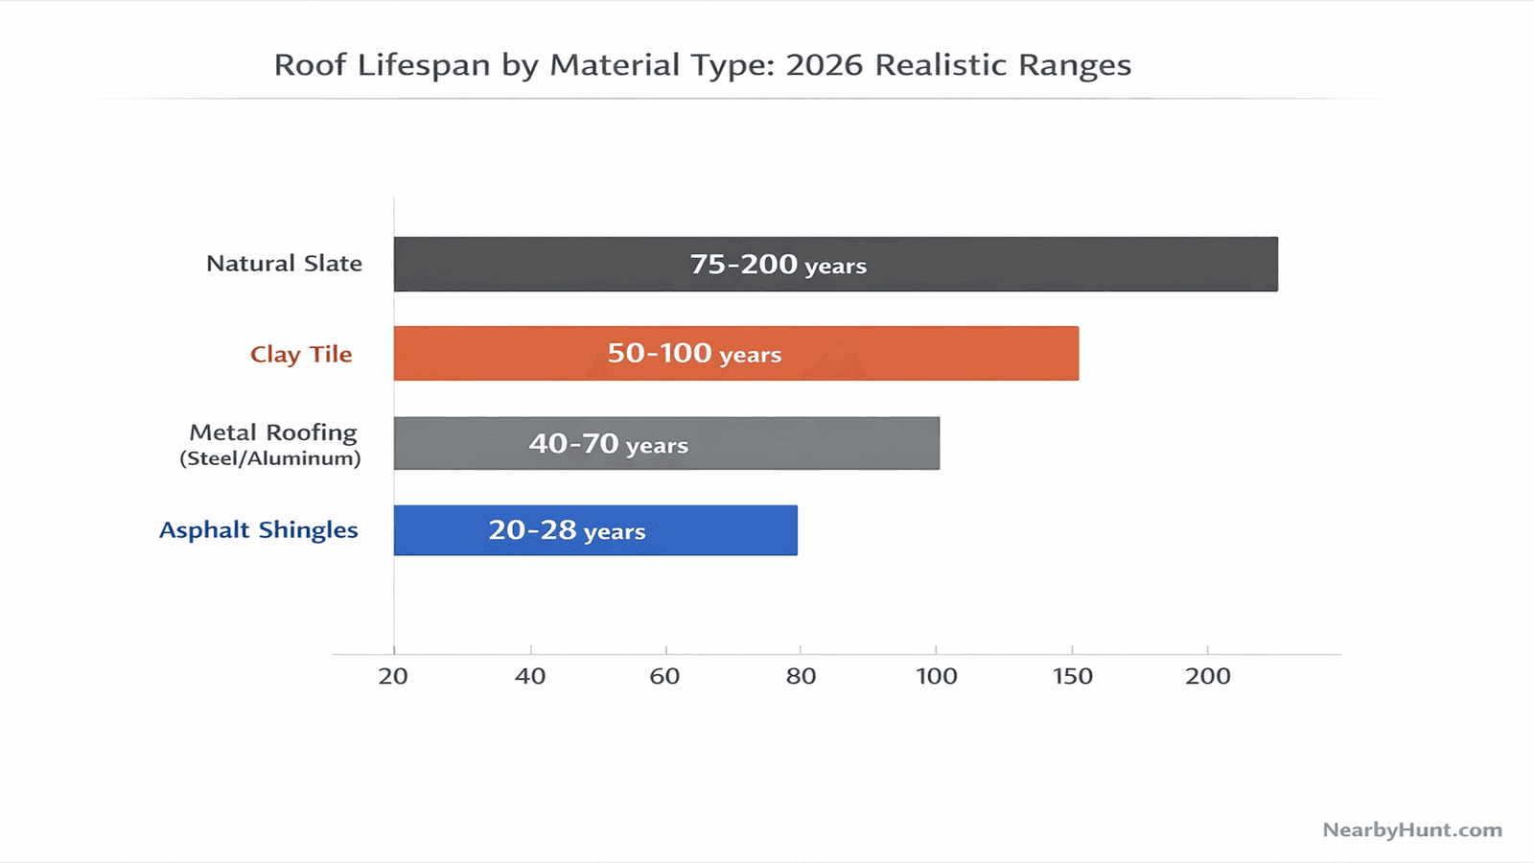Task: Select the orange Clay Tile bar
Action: [920, 353]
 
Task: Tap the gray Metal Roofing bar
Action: [815, 443]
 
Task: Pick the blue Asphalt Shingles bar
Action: [719, 530]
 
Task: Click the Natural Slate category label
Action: [284, 264]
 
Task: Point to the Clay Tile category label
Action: [301, 354]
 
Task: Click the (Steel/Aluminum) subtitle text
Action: [270, 458]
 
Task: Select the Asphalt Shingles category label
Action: [259, 530]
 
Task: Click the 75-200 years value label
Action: [778, 265]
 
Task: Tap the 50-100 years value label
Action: [694, 354]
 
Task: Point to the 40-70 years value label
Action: [608, 444]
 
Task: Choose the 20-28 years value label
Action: [567, 530]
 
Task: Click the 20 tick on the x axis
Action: [393, 676]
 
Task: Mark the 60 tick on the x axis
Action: [664, 676]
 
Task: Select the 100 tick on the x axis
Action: [937, 676]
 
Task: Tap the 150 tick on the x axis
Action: [1072, 676]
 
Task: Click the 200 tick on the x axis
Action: [1207, 676]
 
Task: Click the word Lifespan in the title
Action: [424, 65]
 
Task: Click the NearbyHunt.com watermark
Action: [1412, 829]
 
